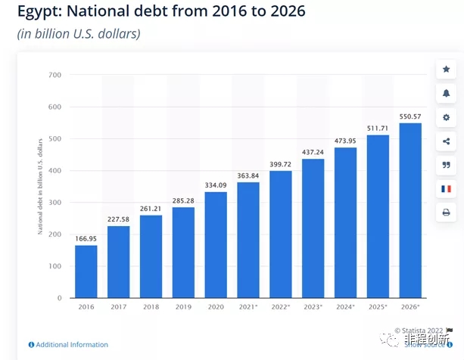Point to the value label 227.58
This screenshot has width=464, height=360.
(118, 219)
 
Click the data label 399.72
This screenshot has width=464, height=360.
(281, 164)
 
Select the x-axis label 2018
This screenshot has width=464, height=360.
(151, 307)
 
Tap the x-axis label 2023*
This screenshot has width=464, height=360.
(313, 307)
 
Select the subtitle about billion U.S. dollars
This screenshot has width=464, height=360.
(79, 34)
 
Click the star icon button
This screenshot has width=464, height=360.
(446, 70)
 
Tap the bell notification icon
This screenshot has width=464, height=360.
(446, 94)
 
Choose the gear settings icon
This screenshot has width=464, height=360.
(446, 117)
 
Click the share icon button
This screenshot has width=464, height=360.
(446, 141)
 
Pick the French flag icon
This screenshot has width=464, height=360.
(446, 189)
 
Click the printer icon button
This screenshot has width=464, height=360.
(446, 213)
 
